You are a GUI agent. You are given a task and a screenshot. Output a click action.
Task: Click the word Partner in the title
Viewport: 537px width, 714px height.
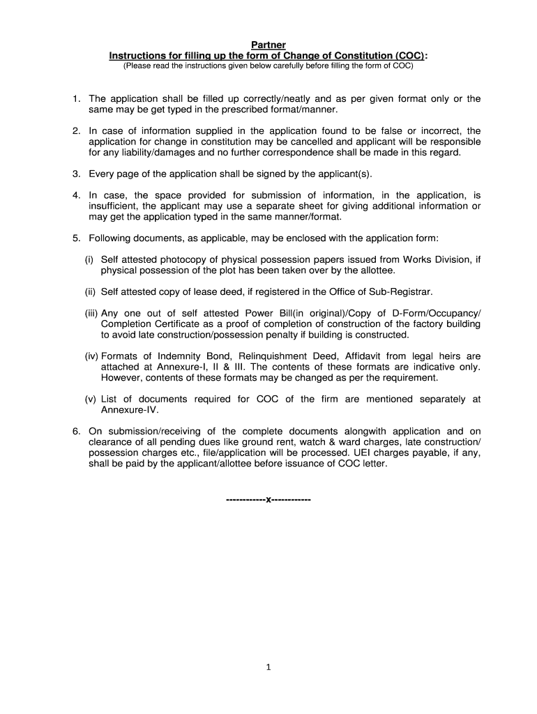tap(268, 45)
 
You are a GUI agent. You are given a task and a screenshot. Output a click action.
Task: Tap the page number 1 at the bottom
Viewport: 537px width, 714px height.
tap(268, 667)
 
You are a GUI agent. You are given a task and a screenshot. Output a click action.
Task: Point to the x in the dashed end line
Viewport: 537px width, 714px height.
tap(268, 500)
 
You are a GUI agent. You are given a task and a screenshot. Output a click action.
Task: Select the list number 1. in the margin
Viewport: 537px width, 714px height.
tap(77, 99)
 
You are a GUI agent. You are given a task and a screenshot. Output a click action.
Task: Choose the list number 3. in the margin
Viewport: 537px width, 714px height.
tap(77, 173)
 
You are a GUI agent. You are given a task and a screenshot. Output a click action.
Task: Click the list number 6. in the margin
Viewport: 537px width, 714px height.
tap(77, 431)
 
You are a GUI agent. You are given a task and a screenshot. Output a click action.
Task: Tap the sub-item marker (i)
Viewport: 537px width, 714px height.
tap(89, 259)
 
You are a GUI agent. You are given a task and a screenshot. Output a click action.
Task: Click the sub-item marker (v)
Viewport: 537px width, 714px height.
tap(90, 399)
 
